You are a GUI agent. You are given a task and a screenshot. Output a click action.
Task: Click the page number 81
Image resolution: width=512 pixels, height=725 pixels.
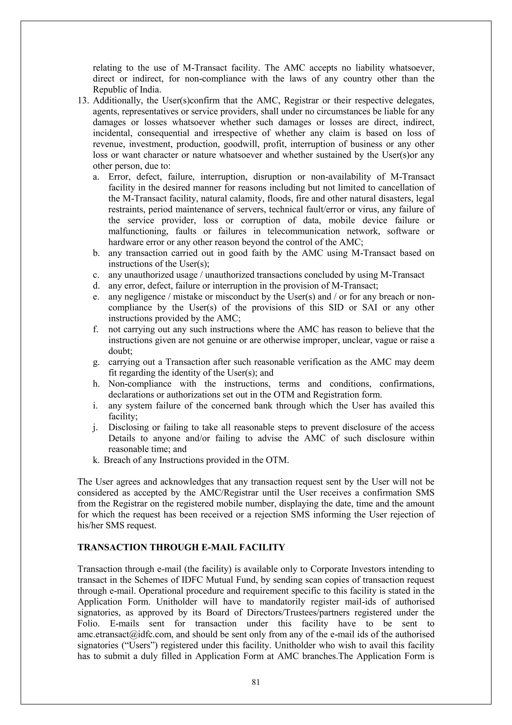click(x=256, y=682)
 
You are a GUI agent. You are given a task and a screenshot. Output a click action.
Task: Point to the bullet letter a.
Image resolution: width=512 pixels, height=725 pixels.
click(x=95, y=177)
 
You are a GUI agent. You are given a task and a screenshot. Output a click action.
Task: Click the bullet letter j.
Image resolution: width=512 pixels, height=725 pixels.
click(x=95, y=427)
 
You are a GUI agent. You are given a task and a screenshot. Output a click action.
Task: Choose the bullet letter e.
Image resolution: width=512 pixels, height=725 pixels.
click(x=95, y=297)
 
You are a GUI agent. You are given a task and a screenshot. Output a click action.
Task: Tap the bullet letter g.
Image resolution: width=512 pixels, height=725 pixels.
click(x=96, y=362)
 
